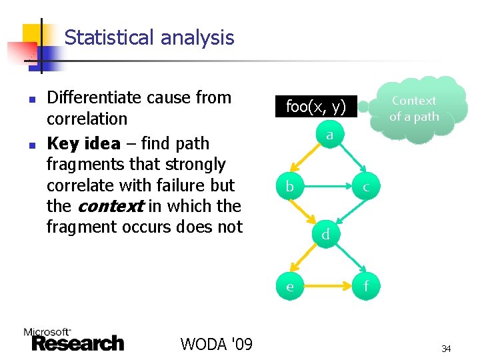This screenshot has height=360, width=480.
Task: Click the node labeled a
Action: point(329,136)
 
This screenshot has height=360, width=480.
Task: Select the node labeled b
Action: point(289,187)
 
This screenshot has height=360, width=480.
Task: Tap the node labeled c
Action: point(366,187)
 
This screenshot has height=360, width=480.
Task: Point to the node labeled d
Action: point(325,234)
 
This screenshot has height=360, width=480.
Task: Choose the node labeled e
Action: point(289,287)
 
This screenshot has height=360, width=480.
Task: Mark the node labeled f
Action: point(366,287)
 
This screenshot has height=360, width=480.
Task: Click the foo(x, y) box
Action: point(315,106)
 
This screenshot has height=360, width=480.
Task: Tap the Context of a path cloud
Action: point(414,109)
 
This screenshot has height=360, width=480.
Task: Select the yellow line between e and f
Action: point(327,287)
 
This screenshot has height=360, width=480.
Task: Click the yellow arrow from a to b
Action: point(308,162)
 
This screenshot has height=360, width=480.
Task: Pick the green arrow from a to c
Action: point(349,162)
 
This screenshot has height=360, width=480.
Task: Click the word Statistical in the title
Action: point(106,37)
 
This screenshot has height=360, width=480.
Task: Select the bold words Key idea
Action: point(83,143)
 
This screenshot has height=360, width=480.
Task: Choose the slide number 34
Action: point(446,348)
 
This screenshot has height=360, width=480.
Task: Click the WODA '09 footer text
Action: point(216,344)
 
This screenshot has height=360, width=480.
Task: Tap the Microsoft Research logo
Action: point(73,340)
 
